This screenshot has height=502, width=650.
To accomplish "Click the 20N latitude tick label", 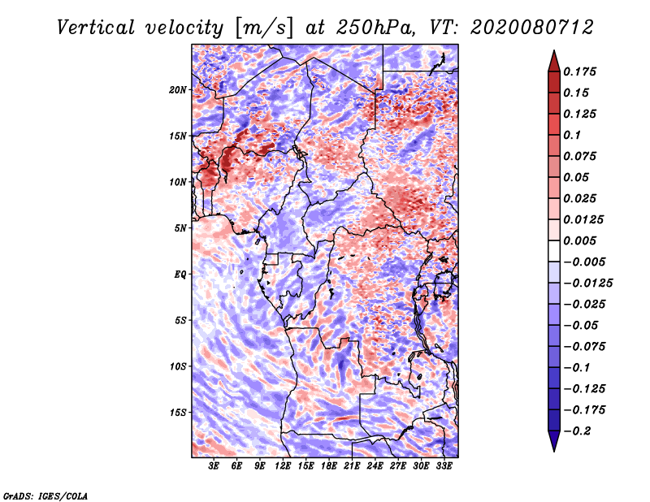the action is [x=178, y=90].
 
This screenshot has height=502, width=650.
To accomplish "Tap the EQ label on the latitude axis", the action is [x=180, y=275].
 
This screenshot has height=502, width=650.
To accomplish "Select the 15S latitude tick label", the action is [x=178, y=413].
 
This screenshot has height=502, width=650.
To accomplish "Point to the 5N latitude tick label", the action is [x=180, y=228].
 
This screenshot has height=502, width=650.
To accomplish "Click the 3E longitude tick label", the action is [x=214, y=466].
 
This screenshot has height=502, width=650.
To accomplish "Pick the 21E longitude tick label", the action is [x=352, y=466].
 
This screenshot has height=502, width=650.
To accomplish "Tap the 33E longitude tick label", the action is [x=444, y=466].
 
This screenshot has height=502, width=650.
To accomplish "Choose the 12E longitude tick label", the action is [x=283, y=466].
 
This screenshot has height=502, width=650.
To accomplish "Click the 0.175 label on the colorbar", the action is [x=579, y=71].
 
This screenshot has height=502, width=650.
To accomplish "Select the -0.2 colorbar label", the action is [x=578, y=431].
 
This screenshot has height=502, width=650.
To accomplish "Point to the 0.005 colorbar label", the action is [x=579, y=240].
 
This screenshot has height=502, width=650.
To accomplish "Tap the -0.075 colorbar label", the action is [x=584, y=347].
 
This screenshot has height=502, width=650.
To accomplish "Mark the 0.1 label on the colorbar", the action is [x=572, y=135].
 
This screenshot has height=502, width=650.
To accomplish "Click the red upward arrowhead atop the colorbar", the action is [x=554, y=62].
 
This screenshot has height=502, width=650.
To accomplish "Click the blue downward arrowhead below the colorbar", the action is [x=554, y=441].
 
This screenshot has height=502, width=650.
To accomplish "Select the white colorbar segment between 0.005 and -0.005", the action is [x=554, y=251].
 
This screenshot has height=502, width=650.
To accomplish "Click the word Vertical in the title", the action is [x=96, y=28].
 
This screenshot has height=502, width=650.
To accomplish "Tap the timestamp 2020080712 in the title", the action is [x=532, y=28].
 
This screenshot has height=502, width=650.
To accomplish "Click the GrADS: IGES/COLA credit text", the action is [x=45, y=496].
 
